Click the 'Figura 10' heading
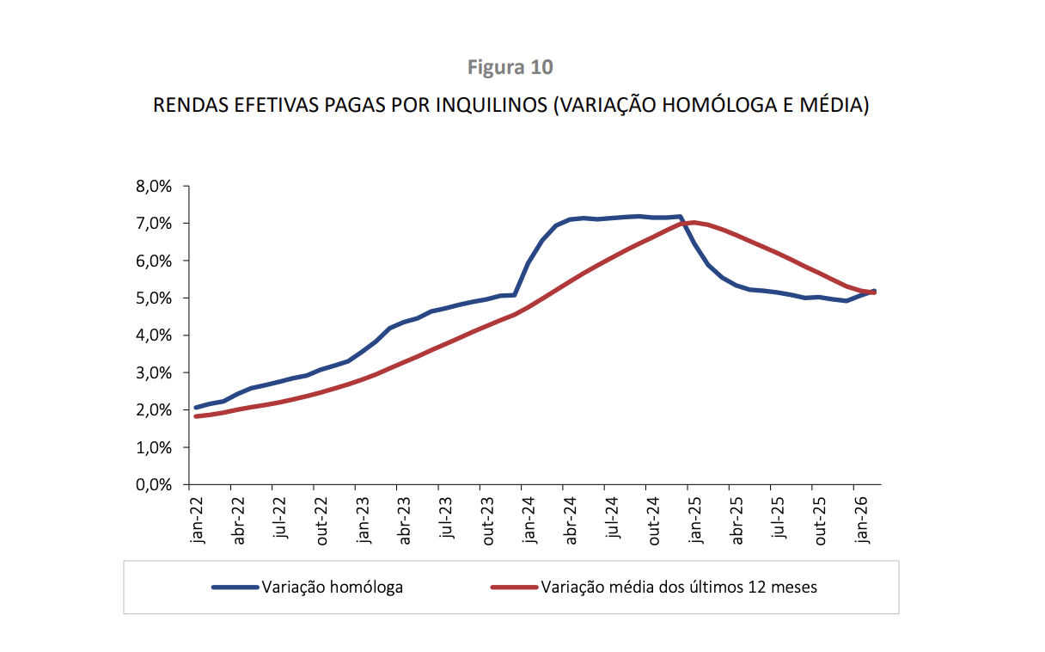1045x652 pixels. pos(510,67)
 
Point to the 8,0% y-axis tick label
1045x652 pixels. pos(155,186)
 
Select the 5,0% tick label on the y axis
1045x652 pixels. pos(155,298)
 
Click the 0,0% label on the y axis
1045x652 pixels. pos(155,484)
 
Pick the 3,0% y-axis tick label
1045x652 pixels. pos(155,372)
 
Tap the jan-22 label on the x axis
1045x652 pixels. pos(198,520)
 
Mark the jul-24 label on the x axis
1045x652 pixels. pos(613,520)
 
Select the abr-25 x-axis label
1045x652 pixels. pos(737,520)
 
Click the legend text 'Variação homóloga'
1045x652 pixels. pos(333,587)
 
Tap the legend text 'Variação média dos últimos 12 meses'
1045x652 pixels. pos(679,587)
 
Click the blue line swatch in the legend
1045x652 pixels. pos(235,587)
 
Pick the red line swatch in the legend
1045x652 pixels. pos(514,587)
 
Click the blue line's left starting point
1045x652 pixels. pos(196,407)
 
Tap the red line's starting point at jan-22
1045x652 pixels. pos(196,416)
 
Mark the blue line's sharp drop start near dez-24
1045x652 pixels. pos(680,217)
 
